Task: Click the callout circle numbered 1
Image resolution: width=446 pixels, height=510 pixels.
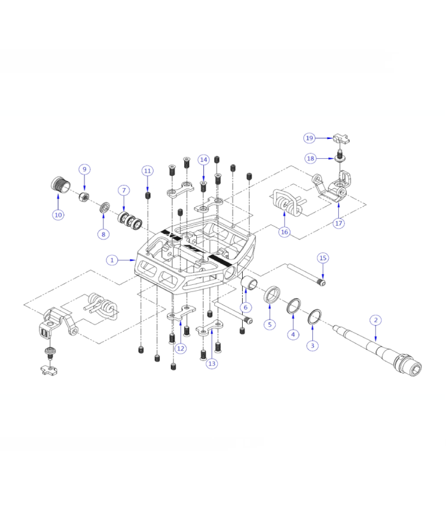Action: point(112,260)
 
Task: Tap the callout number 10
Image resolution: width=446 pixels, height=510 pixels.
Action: point(58,215)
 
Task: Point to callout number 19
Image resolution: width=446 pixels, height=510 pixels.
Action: point(310,138)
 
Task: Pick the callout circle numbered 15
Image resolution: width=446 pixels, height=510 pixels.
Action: point(323,258)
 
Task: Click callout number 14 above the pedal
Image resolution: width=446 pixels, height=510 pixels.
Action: point(203,159)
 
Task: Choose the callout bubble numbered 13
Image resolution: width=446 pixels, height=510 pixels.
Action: point(212,363)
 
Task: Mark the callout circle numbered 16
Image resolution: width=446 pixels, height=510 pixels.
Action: point(284,232)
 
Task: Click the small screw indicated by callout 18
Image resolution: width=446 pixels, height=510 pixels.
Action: point(340,154)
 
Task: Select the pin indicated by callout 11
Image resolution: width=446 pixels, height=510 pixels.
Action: point(148,194)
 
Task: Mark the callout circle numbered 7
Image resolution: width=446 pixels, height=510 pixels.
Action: point(124,190)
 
